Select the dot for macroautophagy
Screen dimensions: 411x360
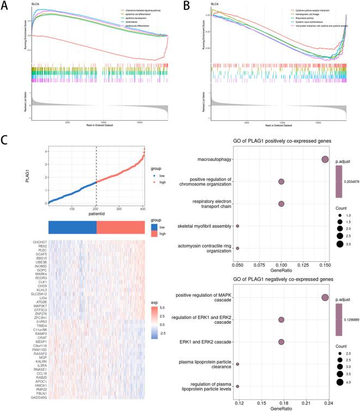click(325, 160)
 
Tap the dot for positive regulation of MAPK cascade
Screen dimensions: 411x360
click(325, 298)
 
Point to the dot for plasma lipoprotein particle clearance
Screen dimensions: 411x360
click(237, 364)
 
